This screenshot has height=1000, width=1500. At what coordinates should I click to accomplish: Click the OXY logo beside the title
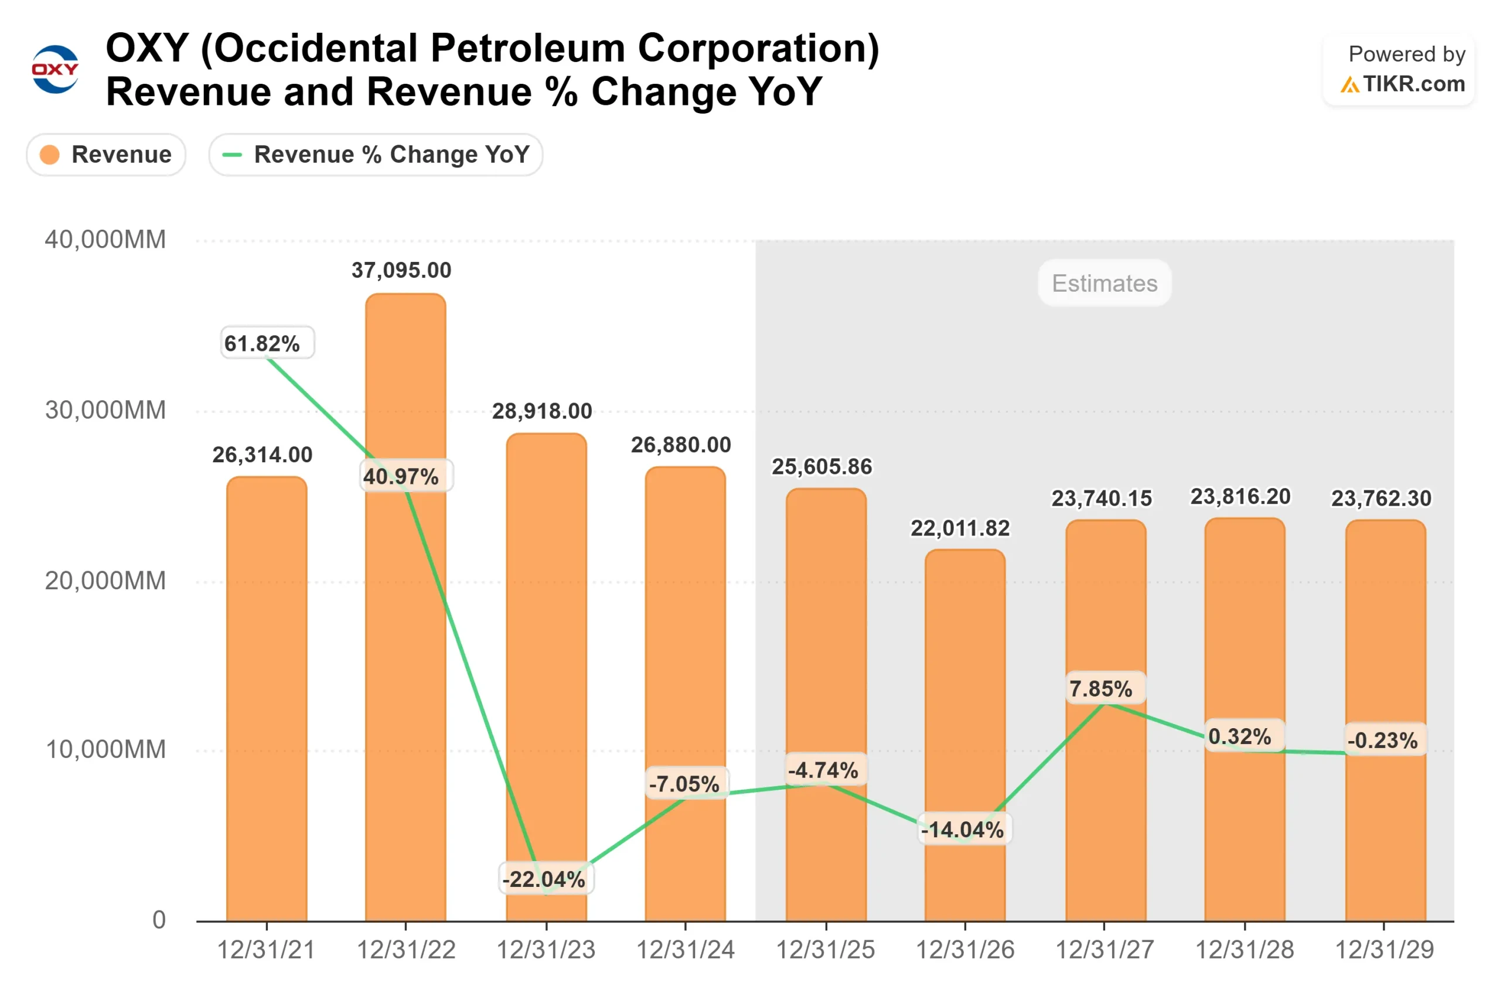coord(55,69)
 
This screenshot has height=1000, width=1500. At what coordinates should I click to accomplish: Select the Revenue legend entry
coord(106,154)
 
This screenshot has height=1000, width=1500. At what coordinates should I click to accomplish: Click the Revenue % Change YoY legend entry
coord(376,154)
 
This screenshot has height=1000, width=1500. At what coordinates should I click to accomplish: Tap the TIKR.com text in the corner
coord(1413,84)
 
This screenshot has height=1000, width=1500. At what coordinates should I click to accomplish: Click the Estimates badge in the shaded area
coord(1104,283)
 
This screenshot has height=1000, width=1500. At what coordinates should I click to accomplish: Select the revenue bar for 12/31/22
coord(405,638)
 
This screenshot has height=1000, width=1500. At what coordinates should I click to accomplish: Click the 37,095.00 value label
coord(401,271)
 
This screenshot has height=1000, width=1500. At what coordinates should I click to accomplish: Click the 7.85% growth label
coord(1101,689)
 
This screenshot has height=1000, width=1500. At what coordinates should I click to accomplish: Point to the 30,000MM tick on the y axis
coord(105,410)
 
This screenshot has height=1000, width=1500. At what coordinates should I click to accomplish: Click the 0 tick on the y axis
coord(159,920)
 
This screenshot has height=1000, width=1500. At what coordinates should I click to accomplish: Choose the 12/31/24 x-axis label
coord(686,950)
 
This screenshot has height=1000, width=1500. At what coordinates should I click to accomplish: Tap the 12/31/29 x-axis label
coord(1384,950)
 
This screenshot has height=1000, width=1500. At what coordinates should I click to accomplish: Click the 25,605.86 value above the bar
coord(821,467)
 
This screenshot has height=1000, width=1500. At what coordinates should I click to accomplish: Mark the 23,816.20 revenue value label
coord(1240,497)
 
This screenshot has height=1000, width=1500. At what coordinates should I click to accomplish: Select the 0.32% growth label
coord(1240,736)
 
